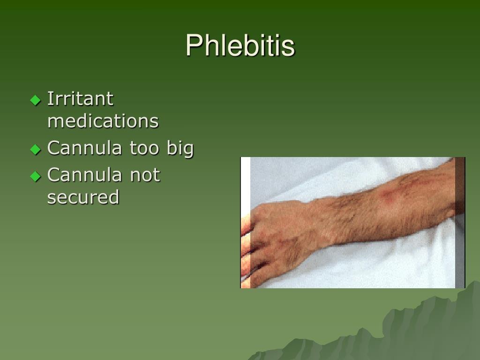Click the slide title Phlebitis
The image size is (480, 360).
[x=240, y=46]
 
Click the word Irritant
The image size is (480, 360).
[x=80, y=99]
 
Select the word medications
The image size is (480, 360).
[x=103, y=121]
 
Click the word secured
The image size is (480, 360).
[x=83, y=197]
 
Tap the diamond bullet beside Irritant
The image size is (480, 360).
[x=36, y=100]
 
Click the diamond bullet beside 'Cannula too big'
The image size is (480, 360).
[x=36, y=150]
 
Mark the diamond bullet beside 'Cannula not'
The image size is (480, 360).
[x=36, y=176]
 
